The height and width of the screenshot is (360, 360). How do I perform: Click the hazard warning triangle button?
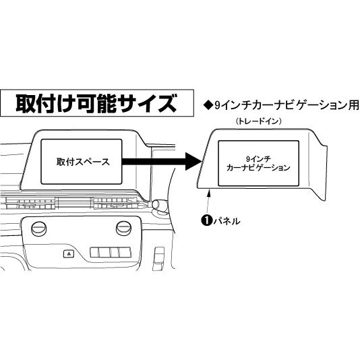coord(69,253)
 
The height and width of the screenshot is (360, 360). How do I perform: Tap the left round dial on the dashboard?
coord(38,229)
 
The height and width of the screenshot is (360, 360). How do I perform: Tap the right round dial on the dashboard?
coord(124,229)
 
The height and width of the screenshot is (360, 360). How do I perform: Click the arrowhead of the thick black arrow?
coord(193,162)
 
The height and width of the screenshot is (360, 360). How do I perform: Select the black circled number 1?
coord(206,220)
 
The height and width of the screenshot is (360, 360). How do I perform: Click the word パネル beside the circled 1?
coord(227,221)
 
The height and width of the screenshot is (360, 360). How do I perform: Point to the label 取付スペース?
coord(83,162)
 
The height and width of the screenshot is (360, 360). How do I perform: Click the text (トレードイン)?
coord(259,121)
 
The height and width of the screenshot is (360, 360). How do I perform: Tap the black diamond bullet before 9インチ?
coord(208,106)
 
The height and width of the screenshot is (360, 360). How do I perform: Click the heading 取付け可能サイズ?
coord(96,103)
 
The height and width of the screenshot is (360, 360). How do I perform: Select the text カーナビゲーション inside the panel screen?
coord(258,168)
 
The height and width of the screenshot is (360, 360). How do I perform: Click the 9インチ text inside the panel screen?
coord(258,159)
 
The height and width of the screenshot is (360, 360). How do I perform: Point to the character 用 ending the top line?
coord(353,105)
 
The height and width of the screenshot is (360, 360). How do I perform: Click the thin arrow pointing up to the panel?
coord(208,200)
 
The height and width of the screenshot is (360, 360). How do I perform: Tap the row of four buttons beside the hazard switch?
coord(111,252)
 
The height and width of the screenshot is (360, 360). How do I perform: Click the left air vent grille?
coord(29,204)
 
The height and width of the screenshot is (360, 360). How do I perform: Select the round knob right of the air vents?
coord(159,205)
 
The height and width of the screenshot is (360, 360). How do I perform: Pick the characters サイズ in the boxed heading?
coord(151,103)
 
